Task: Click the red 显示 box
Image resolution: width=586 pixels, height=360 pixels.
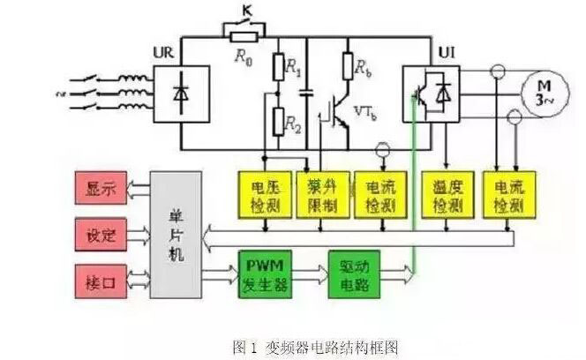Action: [100, 189]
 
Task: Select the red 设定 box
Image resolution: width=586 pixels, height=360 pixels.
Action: [100, 236]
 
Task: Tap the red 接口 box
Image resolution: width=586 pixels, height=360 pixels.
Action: [100, 283]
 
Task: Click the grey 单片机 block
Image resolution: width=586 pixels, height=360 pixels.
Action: [175, 236]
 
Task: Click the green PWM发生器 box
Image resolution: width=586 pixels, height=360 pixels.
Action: [265, 274]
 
